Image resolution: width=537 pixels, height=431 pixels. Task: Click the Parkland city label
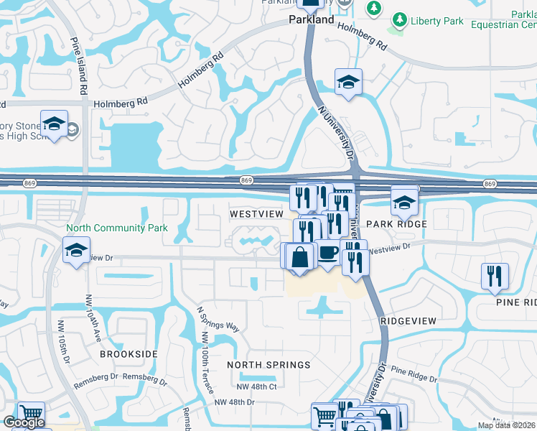coord(312,20)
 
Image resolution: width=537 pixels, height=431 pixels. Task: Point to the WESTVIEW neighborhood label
coord(257,214)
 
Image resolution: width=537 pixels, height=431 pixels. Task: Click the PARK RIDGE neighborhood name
coord(396,224)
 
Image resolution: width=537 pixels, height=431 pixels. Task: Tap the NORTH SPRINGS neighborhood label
coord(268,365)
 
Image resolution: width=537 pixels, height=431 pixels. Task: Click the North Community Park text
coord(117,228)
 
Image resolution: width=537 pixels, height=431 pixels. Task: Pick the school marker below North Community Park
coord(76,251)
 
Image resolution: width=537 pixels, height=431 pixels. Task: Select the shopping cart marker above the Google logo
coord(30,414)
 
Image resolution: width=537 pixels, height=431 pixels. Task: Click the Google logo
coord(24,423)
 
